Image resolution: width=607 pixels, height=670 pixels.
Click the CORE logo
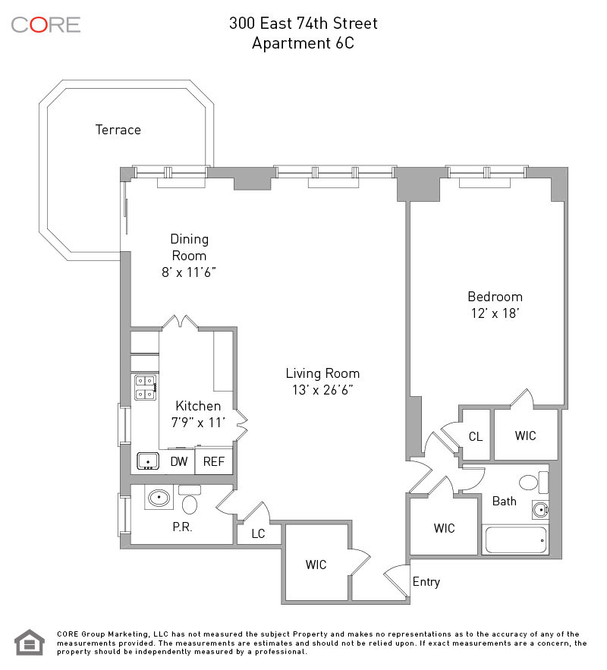[x=46, y=25]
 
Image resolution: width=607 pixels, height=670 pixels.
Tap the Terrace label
[x=118, y=130]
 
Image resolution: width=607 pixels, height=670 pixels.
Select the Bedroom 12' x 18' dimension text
[x=495, y=313]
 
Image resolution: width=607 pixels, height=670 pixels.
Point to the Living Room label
[x=322, y=373]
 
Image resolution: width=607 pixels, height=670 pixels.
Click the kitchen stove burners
[x=145, y=388]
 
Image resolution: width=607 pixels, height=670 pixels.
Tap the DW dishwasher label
[x=179, y=461]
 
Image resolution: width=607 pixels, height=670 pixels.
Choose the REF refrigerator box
[x=213, y=461]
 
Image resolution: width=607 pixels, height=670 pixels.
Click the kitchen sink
[x=148, y=461]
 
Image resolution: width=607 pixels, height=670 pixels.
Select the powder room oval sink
[x=159, y=497]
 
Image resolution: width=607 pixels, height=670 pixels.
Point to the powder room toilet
[x=190, y=500]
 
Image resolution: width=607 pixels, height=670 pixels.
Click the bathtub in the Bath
[x=516, y=540]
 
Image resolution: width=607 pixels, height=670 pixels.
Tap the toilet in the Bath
[x=533, y=483]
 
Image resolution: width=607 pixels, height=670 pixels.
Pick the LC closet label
[x=258, y=533]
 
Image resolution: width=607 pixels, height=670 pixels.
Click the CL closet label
[x=476, y=437]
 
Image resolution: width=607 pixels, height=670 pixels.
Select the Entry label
[x=426, y=582]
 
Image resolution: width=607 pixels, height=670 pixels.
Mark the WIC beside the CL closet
[x=525, y=436]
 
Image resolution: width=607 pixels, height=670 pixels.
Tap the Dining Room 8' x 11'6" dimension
[x=189, y=272]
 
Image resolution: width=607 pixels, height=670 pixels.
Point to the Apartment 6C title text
[x=303, y=43]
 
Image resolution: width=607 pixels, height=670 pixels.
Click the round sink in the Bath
[x=540, y=510]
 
